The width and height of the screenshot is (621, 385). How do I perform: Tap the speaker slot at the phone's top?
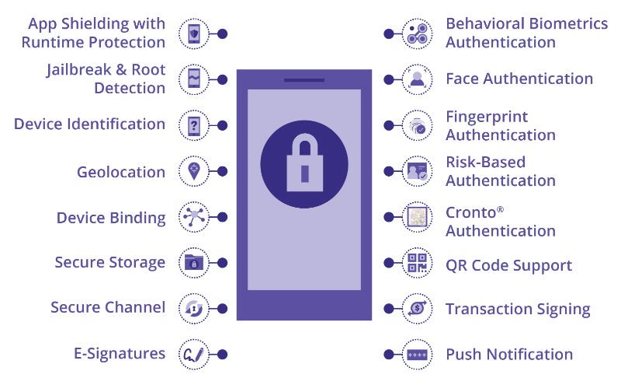[x=304, y=79]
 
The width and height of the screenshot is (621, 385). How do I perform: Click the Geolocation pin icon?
[x=193, y=171]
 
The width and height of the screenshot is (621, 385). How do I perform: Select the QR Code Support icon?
[x=417, y=263]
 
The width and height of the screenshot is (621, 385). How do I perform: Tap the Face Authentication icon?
[x=417, y=79]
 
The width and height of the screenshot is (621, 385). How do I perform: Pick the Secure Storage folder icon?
[x=193, y=263]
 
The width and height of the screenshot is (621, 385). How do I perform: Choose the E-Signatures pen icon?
[x=193, y=354]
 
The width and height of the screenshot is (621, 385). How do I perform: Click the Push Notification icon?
[x=417, y=355]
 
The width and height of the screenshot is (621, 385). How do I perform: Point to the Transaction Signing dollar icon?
[x=417, y=309]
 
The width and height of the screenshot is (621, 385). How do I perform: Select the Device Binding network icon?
[x=193, y=217]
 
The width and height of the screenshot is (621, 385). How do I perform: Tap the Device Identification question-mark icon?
[x=193, y=124]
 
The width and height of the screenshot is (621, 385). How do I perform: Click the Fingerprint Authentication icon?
[x=417, y=125]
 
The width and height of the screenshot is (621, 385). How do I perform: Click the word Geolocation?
[x=120, y=172]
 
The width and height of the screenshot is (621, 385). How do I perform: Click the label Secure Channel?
[x=107, y=307]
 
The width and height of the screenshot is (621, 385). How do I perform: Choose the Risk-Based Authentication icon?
[x=417, y=171]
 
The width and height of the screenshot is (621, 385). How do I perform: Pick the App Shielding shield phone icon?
[x=193, y=33]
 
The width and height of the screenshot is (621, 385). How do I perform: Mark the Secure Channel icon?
[x=193, y=308]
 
